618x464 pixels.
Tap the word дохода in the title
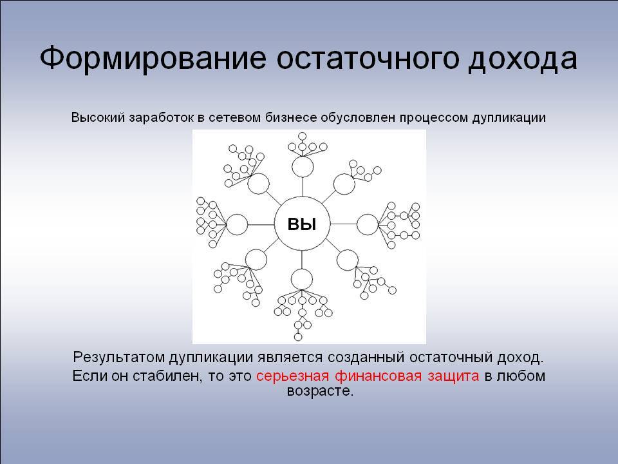pos(523,60)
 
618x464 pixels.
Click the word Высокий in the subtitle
pos(98,117)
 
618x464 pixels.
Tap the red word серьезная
pos(292,376)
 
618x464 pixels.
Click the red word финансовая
pos(379,376)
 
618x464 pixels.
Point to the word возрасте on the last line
pos(320,391)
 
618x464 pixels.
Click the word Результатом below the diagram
pos(118,358)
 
